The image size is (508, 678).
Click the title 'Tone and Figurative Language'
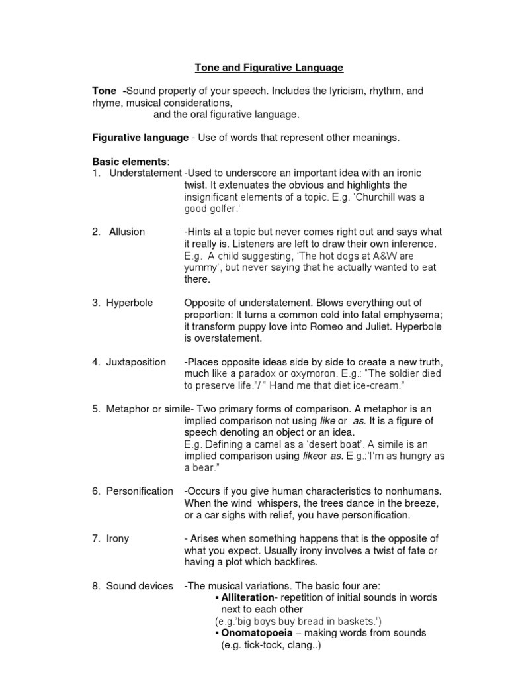(269, 67)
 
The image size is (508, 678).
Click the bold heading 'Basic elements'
(130, 161)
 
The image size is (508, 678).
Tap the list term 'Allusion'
(126, 232)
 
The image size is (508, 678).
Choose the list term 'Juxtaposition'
(136, 362)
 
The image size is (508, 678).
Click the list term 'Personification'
(140, 491)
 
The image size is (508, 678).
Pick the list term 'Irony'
(118, 538)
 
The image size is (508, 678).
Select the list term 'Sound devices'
(140, 585)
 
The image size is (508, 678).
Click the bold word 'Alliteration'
(248, 597)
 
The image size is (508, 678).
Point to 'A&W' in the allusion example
(388, 256)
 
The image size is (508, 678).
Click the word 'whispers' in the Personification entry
(258, 503)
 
